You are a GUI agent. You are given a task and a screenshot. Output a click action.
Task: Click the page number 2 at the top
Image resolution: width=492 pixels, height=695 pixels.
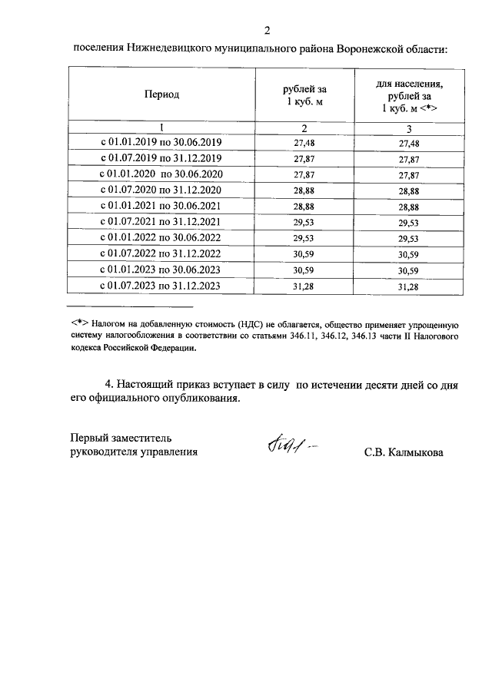point(268,31)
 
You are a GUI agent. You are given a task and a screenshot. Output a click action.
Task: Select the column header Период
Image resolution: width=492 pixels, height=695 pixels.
point(161,94)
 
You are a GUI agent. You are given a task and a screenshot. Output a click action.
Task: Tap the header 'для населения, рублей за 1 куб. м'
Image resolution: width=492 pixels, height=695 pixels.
point(409,94)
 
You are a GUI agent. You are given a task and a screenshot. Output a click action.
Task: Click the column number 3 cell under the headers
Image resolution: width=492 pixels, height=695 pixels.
point(409,128)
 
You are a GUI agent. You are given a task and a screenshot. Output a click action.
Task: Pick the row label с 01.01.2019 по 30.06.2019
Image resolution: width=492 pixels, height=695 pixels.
point(161,144)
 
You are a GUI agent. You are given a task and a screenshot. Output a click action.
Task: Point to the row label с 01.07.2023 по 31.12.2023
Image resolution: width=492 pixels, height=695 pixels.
point(161,286)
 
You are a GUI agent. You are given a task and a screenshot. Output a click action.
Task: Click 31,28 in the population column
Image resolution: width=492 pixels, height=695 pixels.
point(409,286)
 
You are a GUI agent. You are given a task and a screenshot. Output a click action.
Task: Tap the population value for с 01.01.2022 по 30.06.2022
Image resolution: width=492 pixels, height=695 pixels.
point(409,239)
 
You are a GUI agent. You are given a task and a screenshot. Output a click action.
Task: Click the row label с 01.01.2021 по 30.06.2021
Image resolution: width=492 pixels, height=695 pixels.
point(161,207)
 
